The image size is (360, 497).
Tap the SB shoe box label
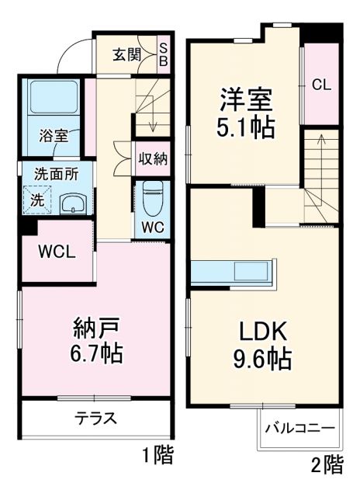164,54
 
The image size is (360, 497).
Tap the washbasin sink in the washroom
74,204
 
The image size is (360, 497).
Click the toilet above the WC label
153,195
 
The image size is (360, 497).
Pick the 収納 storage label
153,158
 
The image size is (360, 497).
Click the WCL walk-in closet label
57,252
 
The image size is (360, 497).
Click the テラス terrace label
95,419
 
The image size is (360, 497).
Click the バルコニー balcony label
299,429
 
